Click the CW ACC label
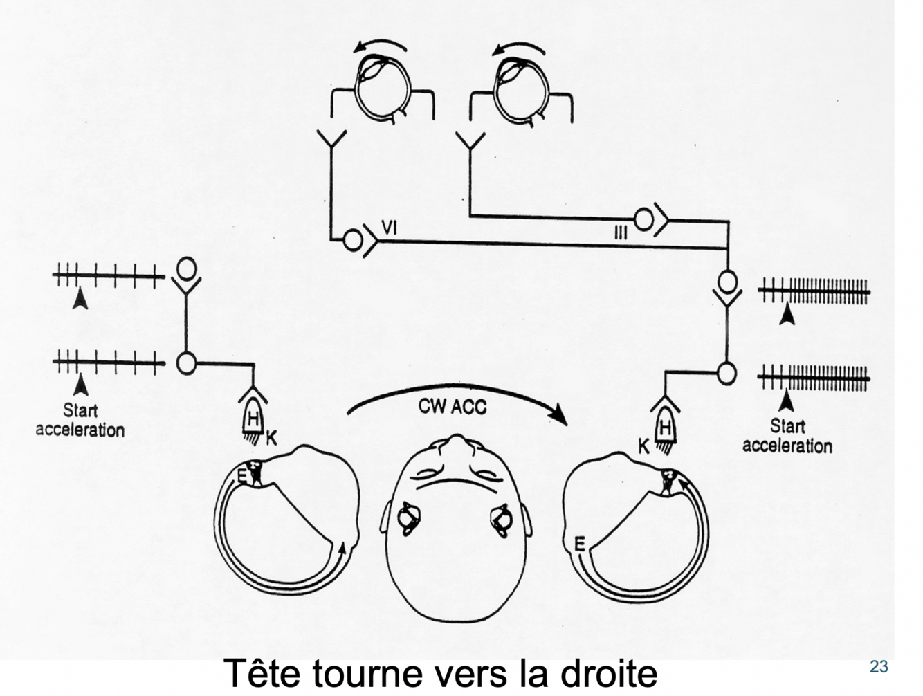tap(453, 407)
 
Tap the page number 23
tap(878, 666)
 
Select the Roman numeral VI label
tap(390, 227)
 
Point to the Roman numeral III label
tap(621, 233)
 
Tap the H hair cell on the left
tap(254, 418)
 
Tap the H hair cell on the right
tap(665, 428)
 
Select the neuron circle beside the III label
tap(643, 220)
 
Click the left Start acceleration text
tap(80, 420)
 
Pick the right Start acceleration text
tap(787, 436)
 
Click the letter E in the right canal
tap(580, 544)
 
